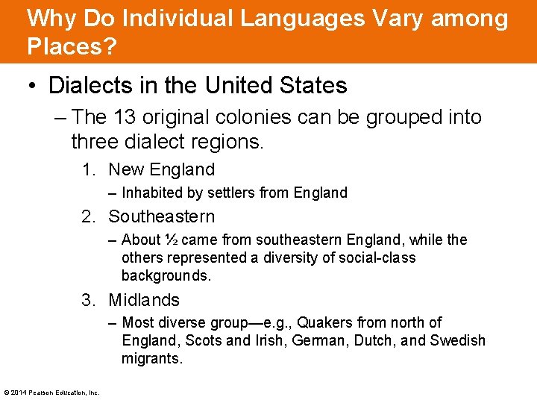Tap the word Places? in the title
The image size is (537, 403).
tap(72, 46)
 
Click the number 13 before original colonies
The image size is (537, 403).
tap(124, 117)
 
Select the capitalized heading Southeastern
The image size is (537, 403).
tap(161, 216)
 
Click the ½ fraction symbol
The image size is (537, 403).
tap(171, 240)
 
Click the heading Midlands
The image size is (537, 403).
tap(144, 300)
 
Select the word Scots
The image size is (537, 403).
tap(203, 340)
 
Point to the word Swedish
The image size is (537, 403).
tap(458, 340)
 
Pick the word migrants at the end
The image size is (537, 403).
tap(151, 358)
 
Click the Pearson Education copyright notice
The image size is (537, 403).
tap(51, 392)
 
